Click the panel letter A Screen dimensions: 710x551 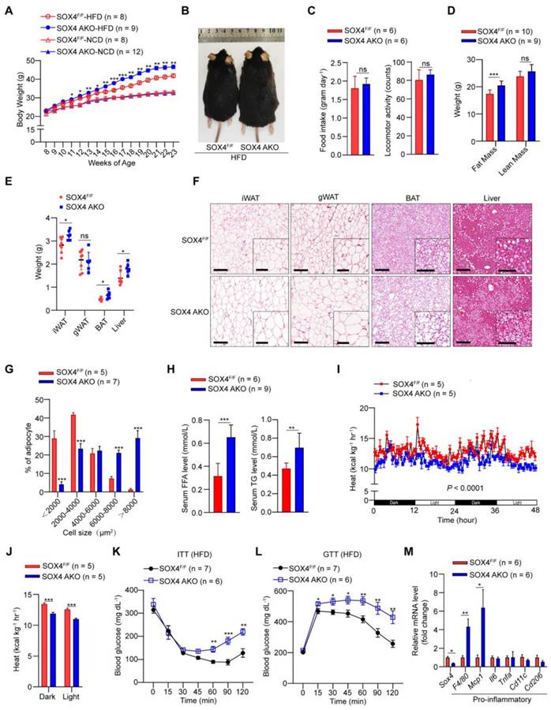click(7, 10)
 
